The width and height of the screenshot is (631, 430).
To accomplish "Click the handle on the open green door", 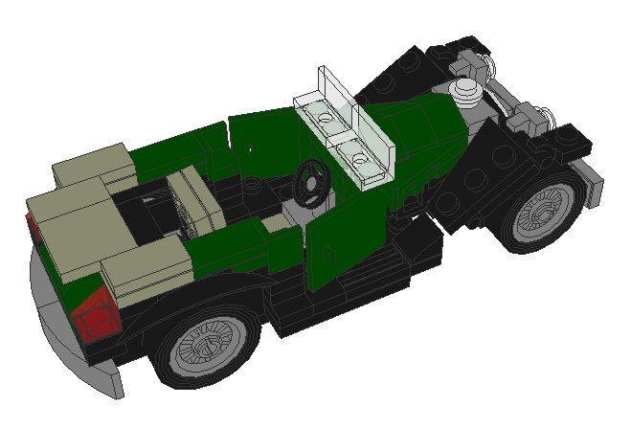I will coord(330,255).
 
